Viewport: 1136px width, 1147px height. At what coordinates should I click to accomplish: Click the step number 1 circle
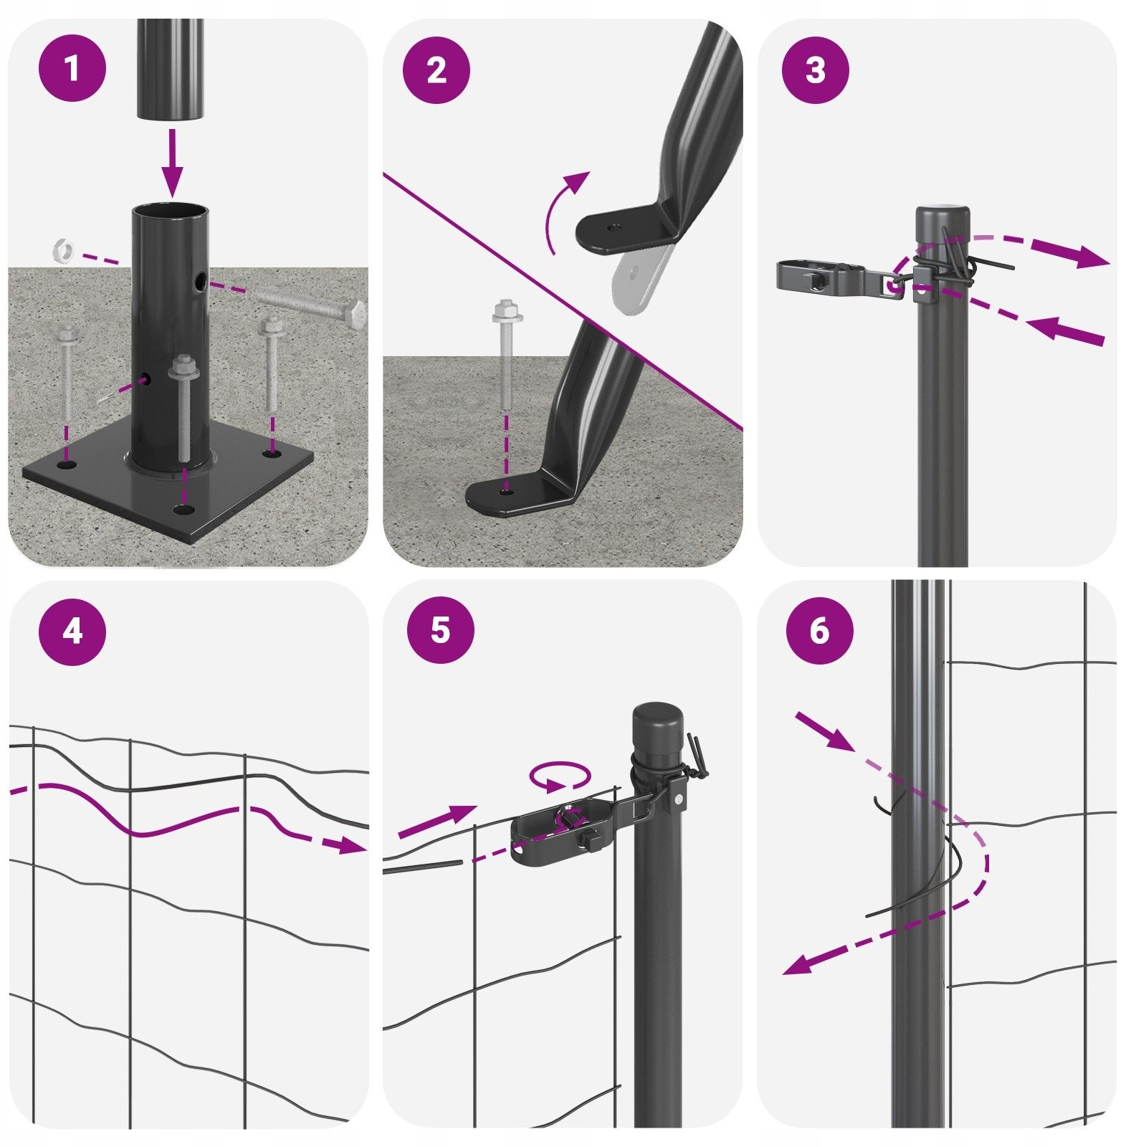pos(72,70)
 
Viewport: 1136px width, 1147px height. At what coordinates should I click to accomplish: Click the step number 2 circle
pos(436,70)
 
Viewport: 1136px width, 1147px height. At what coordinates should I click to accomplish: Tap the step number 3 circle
pos(815,70)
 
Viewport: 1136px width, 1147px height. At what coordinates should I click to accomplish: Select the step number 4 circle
pos(72,632)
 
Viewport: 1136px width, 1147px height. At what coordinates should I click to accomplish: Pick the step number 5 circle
pos(440,632)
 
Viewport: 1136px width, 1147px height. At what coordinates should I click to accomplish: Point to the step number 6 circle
pos(819,632)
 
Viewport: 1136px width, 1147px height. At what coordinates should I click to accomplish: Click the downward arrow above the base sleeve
pos(172,162)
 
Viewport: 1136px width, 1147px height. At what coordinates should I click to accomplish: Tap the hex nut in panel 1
pos(63,249)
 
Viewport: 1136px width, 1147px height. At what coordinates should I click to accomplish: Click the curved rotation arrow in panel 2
pos(563,209)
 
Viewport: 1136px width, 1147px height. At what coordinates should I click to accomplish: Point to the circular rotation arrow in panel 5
pos(560,776)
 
